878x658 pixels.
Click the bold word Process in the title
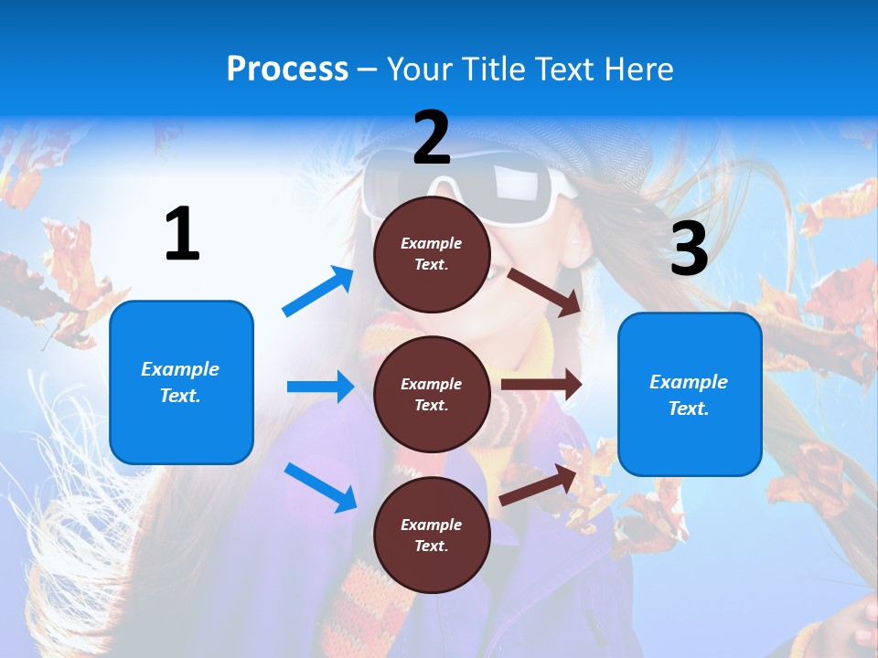[x=287, y=69]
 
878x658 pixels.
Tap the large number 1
[x=182, y=234]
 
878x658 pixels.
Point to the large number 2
[x=432, y=138]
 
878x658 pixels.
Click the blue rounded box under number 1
[x=181, y=382]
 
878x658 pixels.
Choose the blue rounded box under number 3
[x=690, y=394]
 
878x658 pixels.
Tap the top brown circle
[x=432, y=254]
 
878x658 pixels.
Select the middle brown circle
[x=432, y=394]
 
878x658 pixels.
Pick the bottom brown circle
[x=432, y=535]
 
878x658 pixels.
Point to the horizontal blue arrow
[x=320, y=387]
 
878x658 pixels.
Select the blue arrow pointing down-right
[x=320, y=487]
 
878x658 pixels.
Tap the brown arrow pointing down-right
[x=545, y=292]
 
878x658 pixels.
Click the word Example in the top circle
[x=432, y=243]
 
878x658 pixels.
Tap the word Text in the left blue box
[x=179, y=396]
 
